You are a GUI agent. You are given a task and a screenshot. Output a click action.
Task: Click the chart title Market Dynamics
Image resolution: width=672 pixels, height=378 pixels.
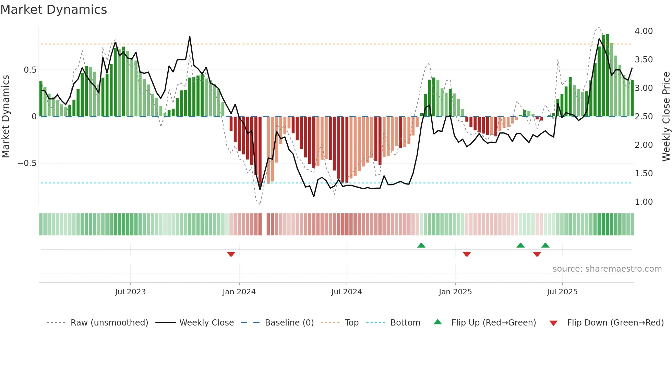coord(54,10)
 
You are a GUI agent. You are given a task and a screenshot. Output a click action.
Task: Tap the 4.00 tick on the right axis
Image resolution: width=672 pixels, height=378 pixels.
coord(644,31)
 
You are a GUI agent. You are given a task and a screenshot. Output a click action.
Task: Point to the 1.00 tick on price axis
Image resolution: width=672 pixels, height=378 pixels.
coord(644,202)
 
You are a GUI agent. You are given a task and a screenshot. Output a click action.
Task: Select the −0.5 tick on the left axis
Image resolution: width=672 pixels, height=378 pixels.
coord(27,163)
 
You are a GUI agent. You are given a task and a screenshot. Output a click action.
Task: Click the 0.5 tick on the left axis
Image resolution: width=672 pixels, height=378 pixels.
coord(30,70)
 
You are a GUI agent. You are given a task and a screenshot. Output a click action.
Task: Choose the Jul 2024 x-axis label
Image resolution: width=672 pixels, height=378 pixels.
coord(346,292)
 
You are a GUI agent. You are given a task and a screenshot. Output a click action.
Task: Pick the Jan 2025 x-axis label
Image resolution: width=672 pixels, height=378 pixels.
coord(455,292)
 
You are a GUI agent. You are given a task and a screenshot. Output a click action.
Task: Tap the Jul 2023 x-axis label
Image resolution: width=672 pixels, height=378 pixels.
coord(130,292)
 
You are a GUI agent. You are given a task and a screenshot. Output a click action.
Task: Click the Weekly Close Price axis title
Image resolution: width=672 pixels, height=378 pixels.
coord(666,117)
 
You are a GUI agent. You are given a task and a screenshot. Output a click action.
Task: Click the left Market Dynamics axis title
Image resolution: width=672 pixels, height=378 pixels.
coord(6,117)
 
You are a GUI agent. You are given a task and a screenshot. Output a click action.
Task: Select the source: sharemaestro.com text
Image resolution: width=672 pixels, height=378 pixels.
coord(607,269)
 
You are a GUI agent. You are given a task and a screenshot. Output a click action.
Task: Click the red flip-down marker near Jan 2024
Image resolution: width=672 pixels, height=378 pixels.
coord(231,254)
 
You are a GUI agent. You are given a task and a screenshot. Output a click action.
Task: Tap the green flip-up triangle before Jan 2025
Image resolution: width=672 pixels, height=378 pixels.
coord(421,245)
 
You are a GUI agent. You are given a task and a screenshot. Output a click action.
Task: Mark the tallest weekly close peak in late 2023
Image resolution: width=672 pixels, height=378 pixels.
coord(190,37)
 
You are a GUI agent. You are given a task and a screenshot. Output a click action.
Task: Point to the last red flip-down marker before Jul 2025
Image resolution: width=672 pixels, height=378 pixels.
coord(537,254)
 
